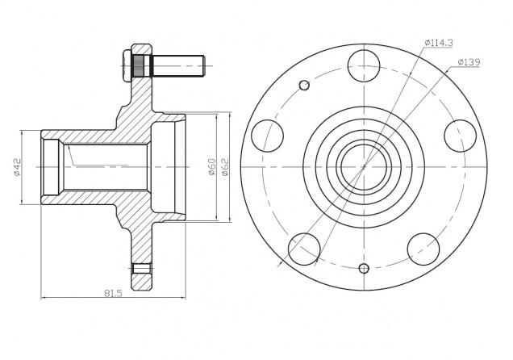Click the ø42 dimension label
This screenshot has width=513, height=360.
17,167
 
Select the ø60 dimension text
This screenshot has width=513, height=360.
212,167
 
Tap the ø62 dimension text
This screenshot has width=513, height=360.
225,167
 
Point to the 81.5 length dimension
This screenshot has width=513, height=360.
113,293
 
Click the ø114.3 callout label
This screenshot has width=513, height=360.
439,43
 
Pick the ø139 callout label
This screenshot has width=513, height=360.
469,62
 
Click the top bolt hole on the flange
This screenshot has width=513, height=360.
364,65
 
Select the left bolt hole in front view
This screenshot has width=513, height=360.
267,136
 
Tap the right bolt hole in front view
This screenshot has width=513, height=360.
460,136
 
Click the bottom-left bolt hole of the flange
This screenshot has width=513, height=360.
304,249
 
